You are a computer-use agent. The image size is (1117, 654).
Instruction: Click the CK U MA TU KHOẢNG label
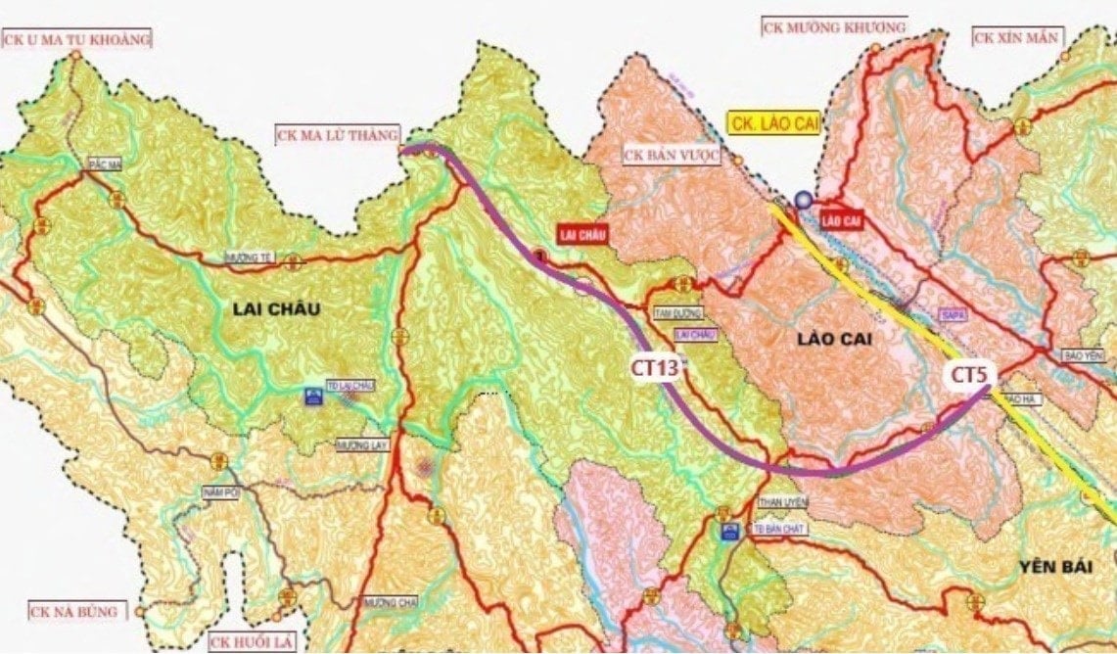[78, 40]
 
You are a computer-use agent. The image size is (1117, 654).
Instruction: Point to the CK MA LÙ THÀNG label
[337, 134]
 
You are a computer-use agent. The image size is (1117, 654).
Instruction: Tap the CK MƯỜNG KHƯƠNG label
[834, 27]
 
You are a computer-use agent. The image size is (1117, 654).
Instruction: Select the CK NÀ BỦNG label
[74, 612]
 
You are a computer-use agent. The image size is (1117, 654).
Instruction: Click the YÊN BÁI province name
[1054, 567]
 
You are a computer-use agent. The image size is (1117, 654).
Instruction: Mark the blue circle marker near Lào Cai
[804, 200]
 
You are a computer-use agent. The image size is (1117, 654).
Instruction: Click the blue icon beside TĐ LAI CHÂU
[314, 397]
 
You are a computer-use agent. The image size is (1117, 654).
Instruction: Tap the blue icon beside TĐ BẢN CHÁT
[728, 532]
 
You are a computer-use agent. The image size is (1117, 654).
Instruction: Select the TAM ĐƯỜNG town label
[675, 313]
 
